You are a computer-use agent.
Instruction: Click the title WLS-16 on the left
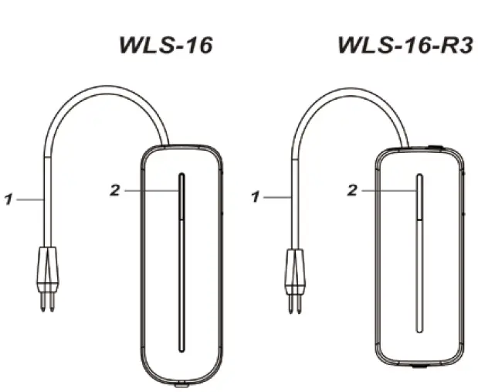[165, 46]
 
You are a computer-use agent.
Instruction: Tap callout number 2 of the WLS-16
[115, 190]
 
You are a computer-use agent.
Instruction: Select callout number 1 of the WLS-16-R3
[254, 197]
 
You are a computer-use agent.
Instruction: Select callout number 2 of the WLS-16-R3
[353, 190]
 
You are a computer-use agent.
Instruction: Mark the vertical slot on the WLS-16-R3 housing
[419, 254]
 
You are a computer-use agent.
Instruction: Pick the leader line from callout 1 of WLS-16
[30, 199]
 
